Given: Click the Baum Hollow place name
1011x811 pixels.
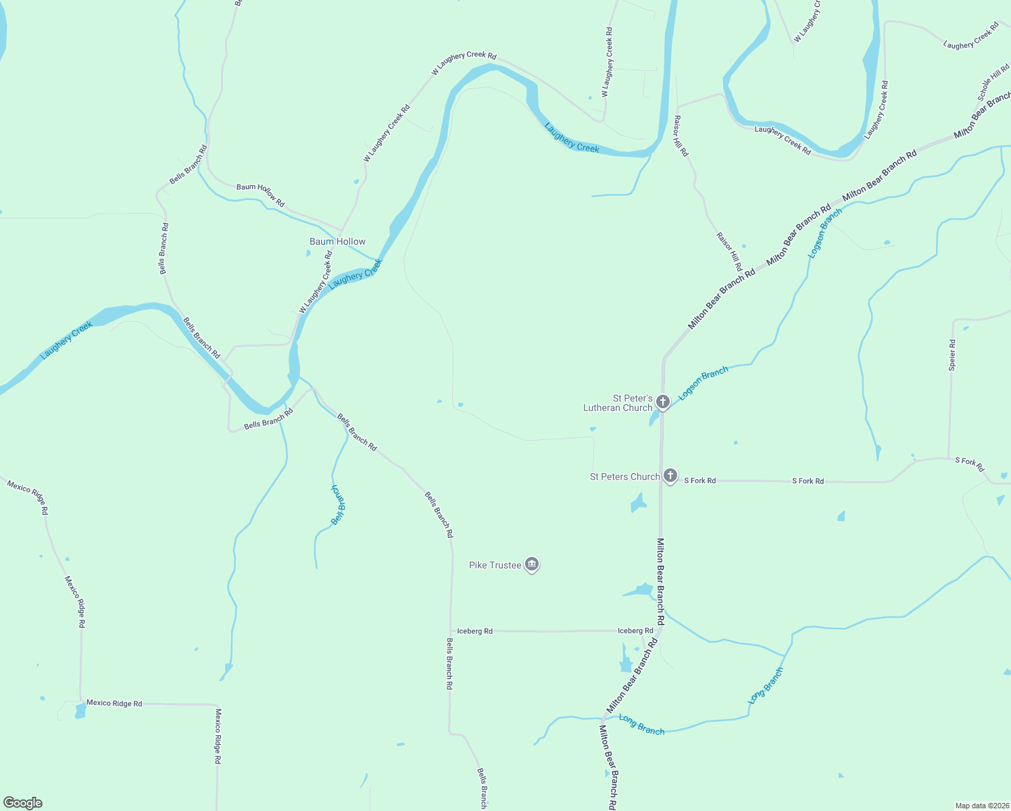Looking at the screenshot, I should (x=337, y=241).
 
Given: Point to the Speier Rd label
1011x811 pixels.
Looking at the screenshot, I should (x=952, y=355).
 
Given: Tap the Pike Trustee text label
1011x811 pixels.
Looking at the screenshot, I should (x=495, y=565).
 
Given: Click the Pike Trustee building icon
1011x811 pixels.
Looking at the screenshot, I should (x=532, y=564).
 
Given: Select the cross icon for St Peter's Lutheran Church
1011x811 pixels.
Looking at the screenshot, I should (x=663, y=401).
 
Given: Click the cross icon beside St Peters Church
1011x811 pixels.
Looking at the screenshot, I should (x=670, y=476).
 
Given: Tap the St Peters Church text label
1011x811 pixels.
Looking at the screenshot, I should (x=624, y=476).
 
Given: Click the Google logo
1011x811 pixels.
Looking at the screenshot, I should (x=23, y=803).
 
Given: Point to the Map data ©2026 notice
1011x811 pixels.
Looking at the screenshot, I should (x=982, y=806).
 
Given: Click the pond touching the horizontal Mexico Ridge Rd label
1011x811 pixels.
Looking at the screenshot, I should (x=80, y=710).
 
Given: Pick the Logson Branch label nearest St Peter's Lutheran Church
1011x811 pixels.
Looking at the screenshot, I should (x=704, y=383).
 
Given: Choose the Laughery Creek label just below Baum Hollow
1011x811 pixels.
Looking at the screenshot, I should (x=355, y=274).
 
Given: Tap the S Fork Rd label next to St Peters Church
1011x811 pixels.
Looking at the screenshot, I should (x=699, y=481).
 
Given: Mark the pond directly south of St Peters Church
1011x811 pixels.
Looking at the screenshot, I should (x=637, y=503).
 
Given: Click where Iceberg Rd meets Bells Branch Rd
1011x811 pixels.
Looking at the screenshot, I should (x=451, y=631).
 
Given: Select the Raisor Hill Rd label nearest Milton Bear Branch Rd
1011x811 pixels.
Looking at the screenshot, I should (x=729, y=251).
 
